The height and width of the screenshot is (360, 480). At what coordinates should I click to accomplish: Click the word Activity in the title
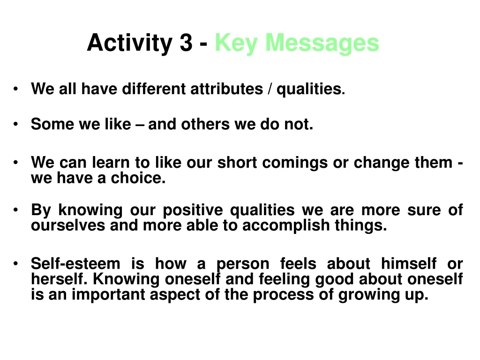pyautogui.click(x=130, y=43)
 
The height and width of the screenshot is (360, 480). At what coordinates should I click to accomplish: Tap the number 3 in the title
pyautogui.click(x=186, y=42)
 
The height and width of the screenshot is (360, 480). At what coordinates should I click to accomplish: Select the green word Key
pyautogui.click(x=236, y=43)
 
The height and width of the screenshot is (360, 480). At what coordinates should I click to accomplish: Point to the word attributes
pyautogui.click(x=226, y=89)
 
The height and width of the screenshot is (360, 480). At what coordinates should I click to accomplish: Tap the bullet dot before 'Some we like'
pyautogui.click(x=15, y=124)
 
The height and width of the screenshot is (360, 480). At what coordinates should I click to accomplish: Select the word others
pyautogui.click(x=205, y=124)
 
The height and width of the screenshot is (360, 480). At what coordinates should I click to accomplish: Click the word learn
pyautogui.click(x=111, y=162)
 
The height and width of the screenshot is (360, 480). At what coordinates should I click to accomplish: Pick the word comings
pyautogui.click(x=295, y=163)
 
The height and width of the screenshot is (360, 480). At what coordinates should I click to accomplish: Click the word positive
pyautogui.click(x=193, y=210)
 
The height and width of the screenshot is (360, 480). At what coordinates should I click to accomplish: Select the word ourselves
pyautogui.click(x=68, y=225)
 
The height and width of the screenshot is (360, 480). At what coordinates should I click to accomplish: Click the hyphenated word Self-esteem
pyautogui.click(x=75, y=263)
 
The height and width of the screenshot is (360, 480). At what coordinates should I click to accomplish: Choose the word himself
pyautogui.click(x=409, y=263)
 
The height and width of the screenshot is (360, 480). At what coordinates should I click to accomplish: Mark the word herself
pyautogui.click(x=60, y=279)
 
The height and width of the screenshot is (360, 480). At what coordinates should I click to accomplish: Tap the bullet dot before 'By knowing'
pyautogui.click(x=15, y=210)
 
